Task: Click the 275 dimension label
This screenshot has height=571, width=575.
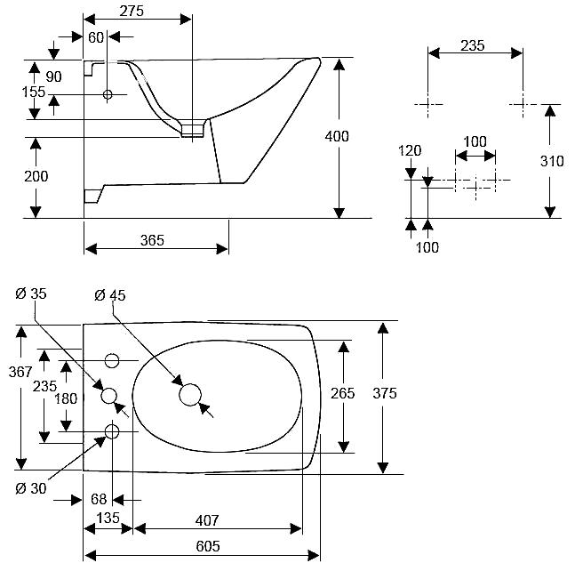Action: [132, 11]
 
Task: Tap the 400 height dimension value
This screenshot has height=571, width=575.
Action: [337, 136]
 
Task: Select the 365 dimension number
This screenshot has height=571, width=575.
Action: [152, 240]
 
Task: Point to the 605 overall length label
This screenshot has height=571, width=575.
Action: [208, 546]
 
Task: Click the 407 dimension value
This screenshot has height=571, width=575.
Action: [207, 520]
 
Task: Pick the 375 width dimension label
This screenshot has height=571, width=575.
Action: [385, 393]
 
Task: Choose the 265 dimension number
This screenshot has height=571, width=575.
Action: [343, 393]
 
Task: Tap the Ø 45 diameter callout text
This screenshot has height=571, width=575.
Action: [110, 295]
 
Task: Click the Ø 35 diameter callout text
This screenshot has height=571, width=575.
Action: [31, 294]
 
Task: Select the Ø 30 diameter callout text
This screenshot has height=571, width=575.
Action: [31, 488]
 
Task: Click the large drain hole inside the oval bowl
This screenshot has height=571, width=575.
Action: [190, 395]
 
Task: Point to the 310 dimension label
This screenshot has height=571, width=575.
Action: [552, 161]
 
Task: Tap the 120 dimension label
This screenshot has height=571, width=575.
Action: [410, 151]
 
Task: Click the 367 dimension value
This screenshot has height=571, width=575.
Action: [20, 372]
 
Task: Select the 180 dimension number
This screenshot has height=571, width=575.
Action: [66, 398]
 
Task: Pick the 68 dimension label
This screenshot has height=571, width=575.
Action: [99, 499]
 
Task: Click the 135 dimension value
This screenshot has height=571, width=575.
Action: [108, 518]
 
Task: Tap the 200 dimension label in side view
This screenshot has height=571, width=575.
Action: [36, 176]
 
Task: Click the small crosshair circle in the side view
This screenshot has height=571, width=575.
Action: [108, 94]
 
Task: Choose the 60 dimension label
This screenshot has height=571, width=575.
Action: [96, 37]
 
